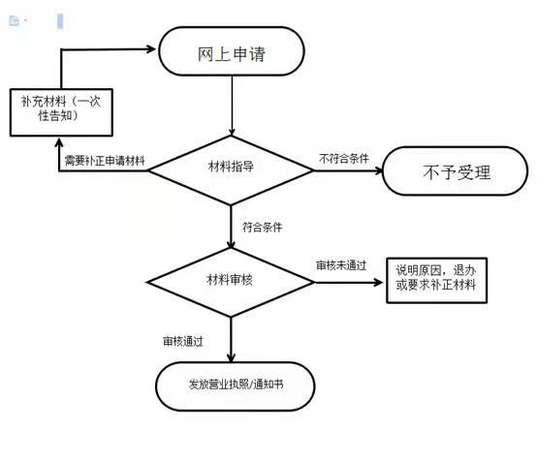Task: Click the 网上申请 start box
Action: pyautogui.click(x=232, y=51)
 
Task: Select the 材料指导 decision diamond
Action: pyautogui.click(x=231, y=170)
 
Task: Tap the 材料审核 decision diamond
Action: pyautogui.click(x=231, y=282)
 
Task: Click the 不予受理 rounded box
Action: pyautogui.click(x=456, y=170)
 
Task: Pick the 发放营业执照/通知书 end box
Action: pyautogui.click(x=236, y=386)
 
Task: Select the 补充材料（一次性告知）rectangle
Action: pyautogui.click(x=61, y=112)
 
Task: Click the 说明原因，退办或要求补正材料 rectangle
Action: pyautogui.click(x=436, y=280)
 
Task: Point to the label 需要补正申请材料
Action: pyautogui.click(x=105, y=161)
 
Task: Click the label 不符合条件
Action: pyautogui.click(x=344, y=159)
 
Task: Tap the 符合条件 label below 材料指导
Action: pyautogui.click(x=263, y=227)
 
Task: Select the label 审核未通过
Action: pyautogui.click(x=341, y=265)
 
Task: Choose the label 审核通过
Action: pyautogui.click(x=183, y=341)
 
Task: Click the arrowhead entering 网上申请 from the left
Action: pyautogui.click(x=151, y=49)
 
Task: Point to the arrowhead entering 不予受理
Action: pyautogui.click(x=378, y=170)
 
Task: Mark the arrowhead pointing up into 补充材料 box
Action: pyautogui.click(x=59, y=142)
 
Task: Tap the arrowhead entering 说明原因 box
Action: pyautogui.click(x=378, y=283)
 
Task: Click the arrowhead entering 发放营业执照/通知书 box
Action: pyautogui.click(x=231, y=357)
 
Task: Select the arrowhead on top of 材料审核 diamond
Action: pyautogui.click(x=231, y=243)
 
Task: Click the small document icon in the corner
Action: pyautogui.click(x=14, y=21)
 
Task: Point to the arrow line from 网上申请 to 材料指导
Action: pyautogui.click(x=232, y=106)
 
